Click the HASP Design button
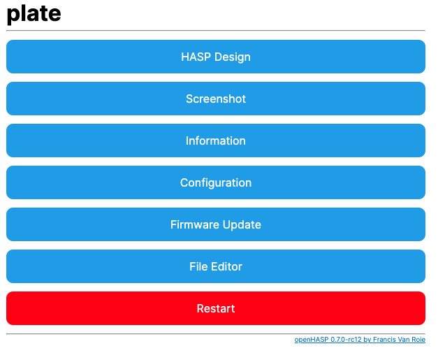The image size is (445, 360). pyautogui.click(x=216, y=57)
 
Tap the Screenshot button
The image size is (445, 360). pyautogui.click(x=216, y=99)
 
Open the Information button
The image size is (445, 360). pyautogui.click(x=216, y=141)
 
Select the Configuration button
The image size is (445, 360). pyautogui.click(x=216, y=182)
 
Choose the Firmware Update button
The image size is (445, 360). pyautogui.click(x=216, y=224)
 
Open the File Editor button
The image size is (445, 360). pyautogui.click(x=216, y=266)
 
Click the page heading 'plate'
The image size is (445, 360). pyautogui.click(x=34, y=13)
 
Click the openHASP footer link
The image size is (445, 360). pyautogui.click(x=360, y=340)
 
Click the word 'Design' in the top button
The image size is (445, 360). pyautogui.click(x=233, y=57)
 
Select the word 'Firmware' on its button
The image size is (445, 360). pyautogui.click(x=195, y=224)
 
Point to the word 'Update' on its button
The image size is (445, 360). pyautogui.click(x=242, y=225)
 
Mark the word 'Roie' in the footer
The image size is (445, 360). pyautogui.click(x=418, y=339)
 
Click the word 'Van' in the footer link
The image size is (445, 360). pyautogui.click(x=404, y=339)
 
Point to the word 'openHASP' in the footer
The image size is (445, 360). pyautogui.click(x=312, y=340)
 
